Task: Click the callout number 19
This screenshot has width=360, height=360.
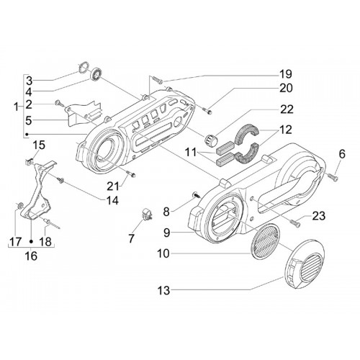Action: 285,74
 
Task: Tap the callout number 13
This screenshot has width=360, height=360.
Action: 163,290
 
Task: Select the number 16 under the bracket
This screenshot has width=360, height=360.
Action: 31,256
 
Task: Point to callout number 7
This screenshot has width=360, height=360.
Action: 131,238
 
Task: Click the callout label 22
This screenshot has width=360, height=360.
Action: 287,109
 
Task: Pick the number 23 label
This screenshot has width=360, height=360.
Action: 318,216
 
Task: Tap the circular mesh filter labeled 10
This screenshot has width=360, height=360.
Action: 265,241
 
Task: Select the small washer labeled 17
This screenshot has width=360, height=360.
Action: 19,204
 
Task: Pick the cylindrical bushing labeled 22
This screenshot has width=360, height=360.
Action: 210,140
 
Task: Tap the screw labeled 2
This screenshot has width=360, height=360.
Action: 60,104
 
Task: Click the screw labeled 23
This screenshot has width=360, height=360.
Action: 295,223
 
